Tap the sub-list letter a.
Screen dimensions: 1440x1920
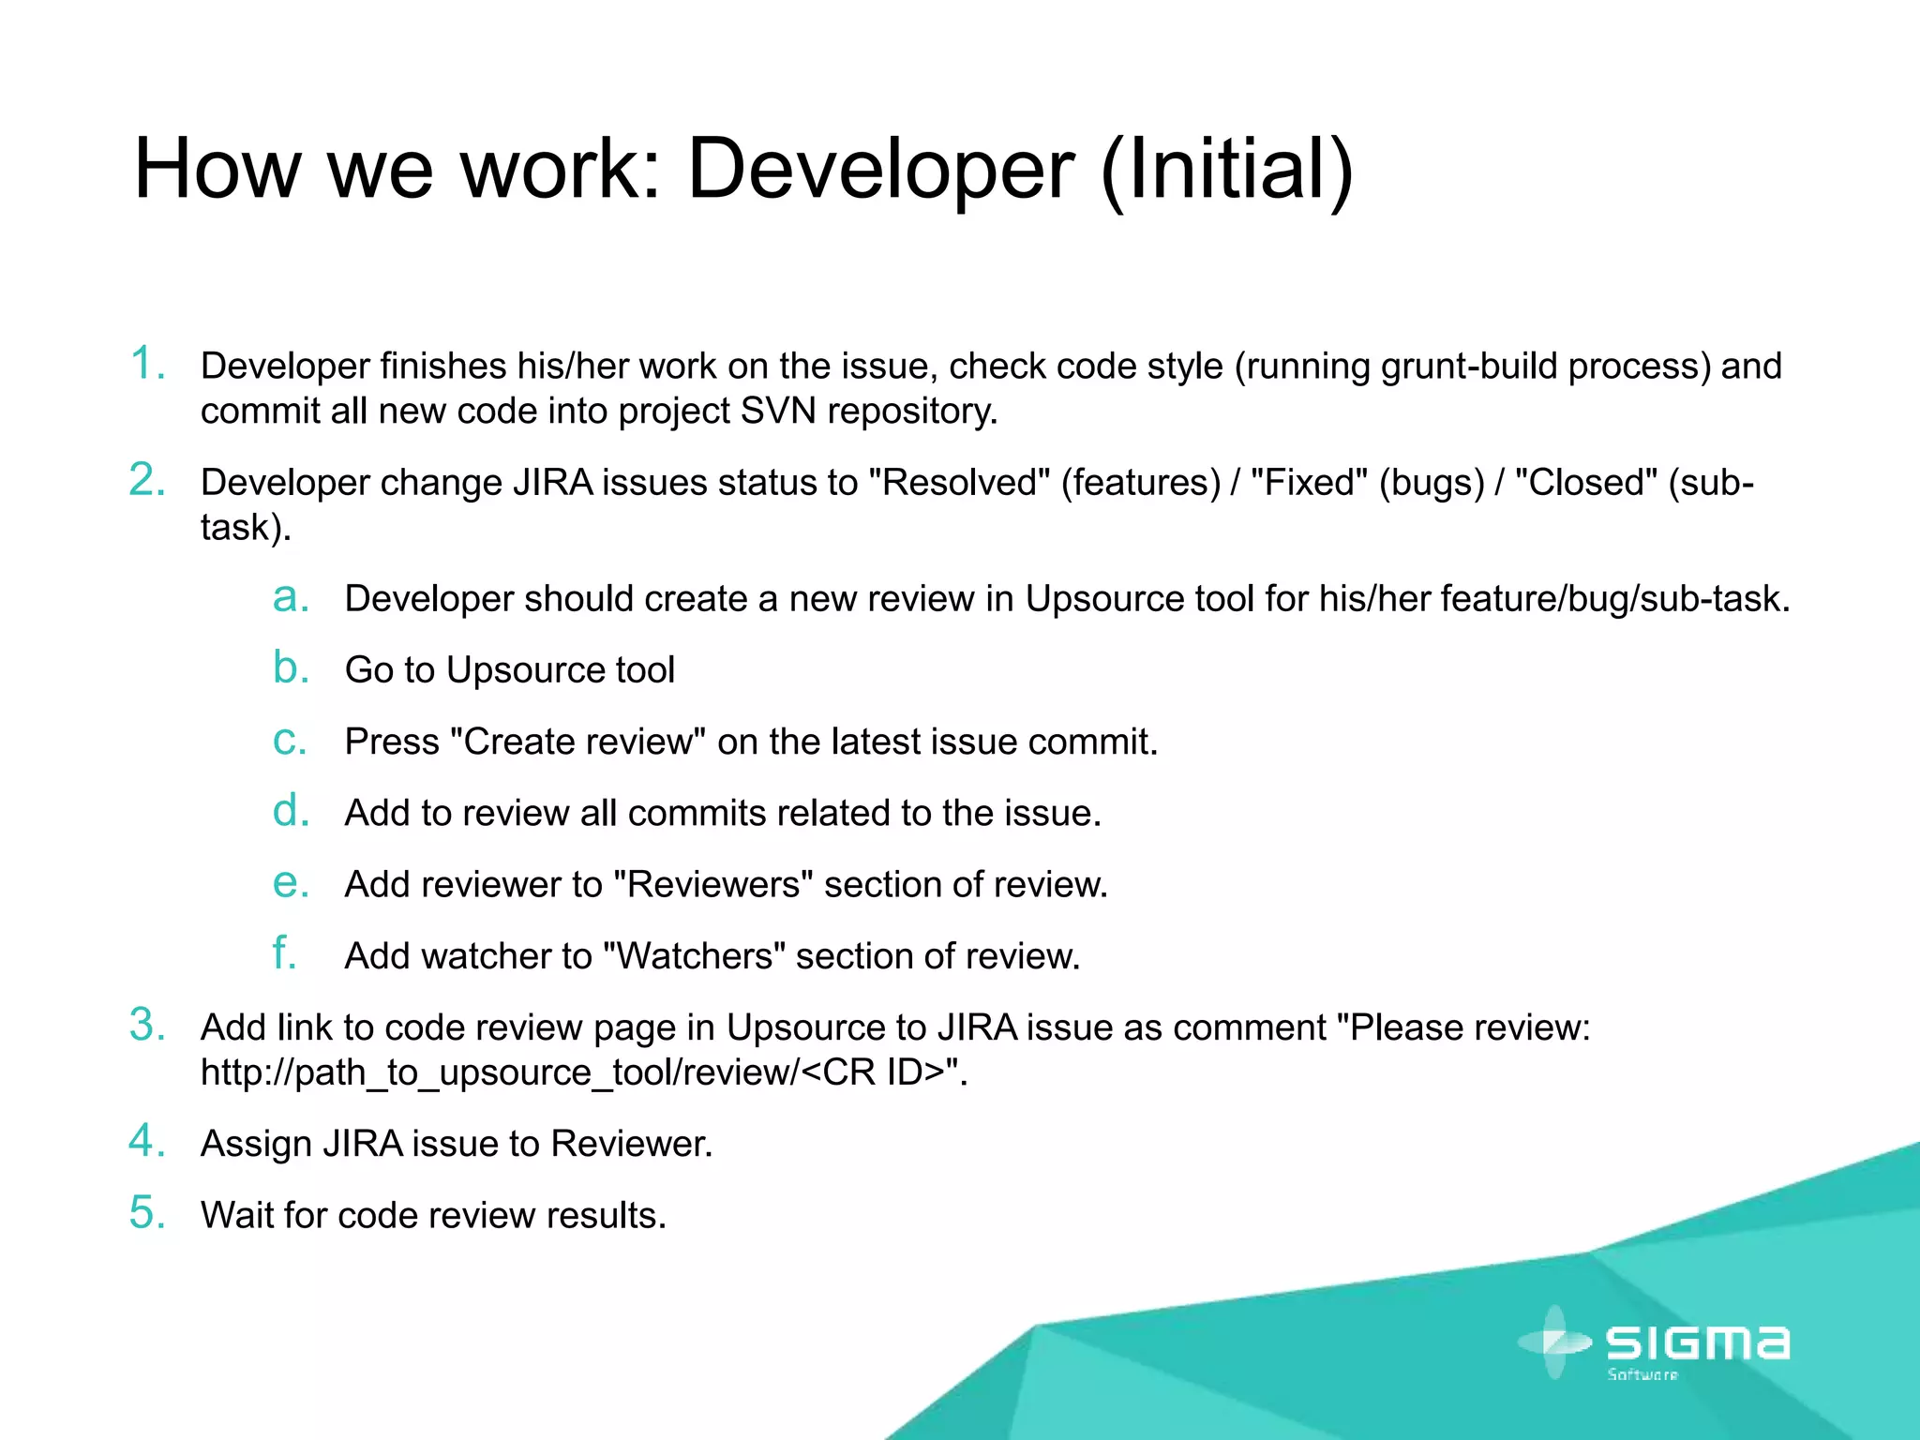click(290, 597)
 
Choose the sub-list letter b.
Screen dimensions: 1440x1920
click(290, 667)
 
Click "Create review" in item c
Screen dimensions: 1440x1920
click(577, 742)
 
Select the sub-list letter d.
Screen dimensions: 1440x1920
click(290, 811)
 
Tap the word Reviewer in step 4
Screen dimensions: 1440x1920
click(630, 1144)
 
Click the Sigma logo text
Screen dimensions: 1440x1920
click(1698, 1343)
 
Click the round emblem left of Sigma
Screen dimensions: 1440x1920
click(1554, 1342)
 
